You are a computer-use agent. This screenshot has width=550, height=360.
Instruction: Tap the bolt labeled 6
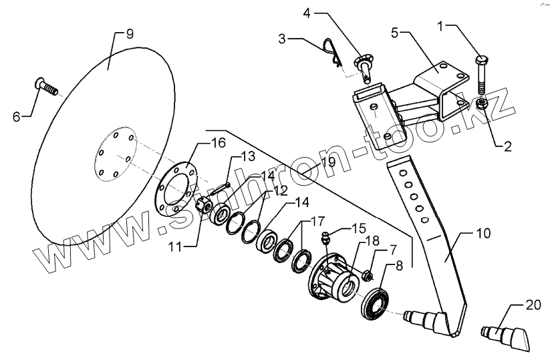click(44, 87)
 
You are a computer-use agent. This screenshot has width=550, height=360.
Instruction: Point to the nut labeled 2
click(482, 106)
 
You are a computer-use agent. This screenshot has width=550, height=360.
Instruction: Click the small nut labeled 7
click(368, 274)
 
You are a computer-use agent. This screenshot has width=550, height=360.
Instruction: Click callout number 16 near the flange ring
click(219, 143)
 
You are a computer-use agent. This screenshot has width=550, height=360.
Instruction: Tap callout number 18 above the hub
click(372, 240)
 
